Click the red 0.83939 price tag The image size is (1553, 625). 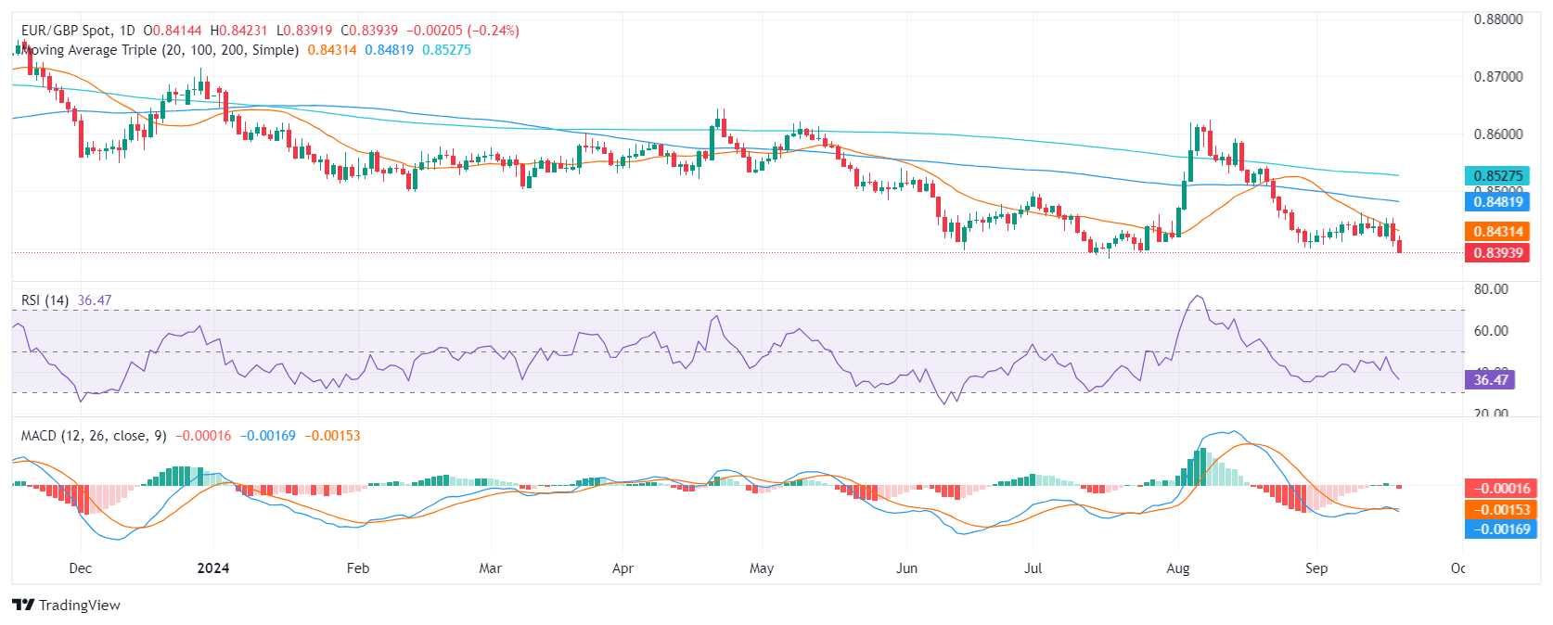point(1497,253)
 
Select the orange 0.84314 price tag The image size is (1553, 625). point(1497,232)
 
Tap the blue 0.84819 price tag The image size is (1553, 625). point(1497,202)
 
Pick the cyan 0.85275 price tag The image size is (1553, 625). point(1497,176)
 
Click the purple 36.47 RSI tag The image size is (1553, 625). point(1490,379)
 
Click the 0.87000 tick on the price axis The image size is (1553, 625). point(1497,77)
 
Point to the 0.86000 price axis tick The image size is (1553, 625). point(1497,134)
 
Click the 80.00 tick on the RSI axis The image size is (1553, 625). point(1490,289)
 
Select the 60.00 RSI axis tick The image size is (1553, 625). point(1490,331)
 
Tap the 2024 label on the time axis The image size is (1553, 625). point(213,568)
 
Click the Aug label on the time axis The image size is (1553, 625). point(1177,568)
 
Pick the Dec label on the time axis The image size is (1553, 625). point(81,568)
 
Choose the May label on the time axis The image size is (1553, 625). point(761,568)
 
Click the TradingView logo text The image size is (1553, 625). point(79,606)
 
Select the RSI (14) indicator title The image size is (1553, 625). point(45,300)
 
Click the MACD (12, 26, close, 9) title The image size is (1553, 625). point(94,436)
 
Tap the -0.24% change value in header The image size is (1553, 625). point(495,31)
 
